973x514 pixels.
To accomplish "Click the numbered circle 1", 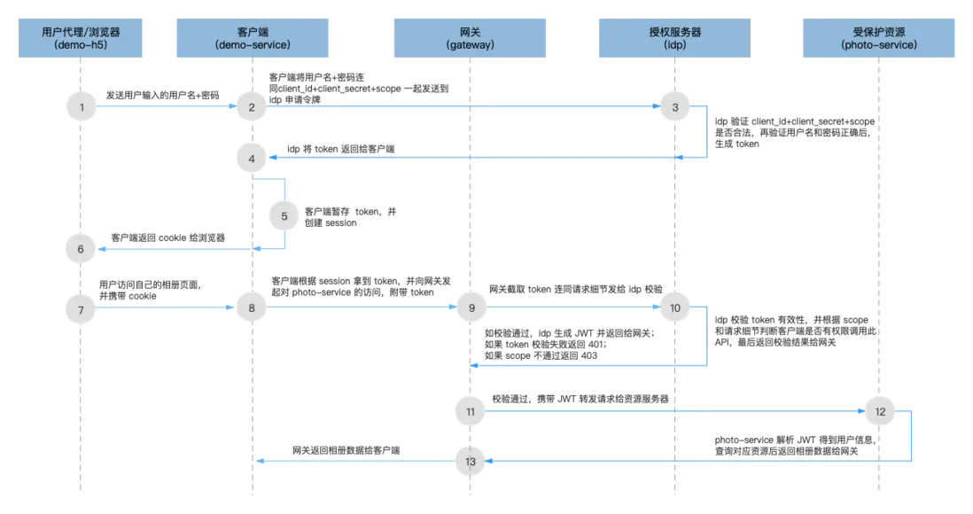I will point(81,106).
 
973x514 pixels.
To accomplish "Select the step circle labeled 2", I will point(252,106).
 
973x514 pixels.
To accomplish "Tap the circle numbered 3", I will point(675,106).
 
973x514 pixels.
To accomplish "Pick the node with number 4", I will point(252,158).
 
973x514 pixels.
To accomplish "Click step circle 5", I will point(284,215).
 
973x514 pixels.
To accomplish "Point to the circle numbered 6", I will point(81,249).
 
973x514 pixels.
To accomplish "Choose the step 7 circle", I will point(81,308).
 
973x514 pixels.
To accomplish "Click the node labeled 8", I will point(252,308).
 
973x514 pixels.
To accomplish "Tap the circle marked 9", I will point(471,308).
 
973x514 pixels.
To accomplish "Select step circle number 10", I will point(675,308).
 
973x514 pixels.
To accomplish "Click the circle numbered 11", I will point(471,411).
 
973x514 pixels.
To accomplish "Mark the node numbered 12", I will point(879,411).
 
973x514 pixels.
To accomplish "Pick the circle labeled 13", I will point(471,461).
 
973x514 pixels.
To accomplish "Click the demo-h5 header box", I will point(81,37).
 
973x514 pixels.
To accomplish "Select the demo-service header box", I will point(252,37).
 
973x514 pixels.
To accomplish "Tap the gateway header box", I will point(471,37).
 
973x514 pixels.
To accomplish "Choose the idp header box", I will point(675,37).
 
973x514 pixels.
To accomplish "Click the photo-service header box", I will point(879,37).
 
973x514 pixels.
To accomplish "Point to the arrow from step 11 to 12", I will point(673,411).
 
